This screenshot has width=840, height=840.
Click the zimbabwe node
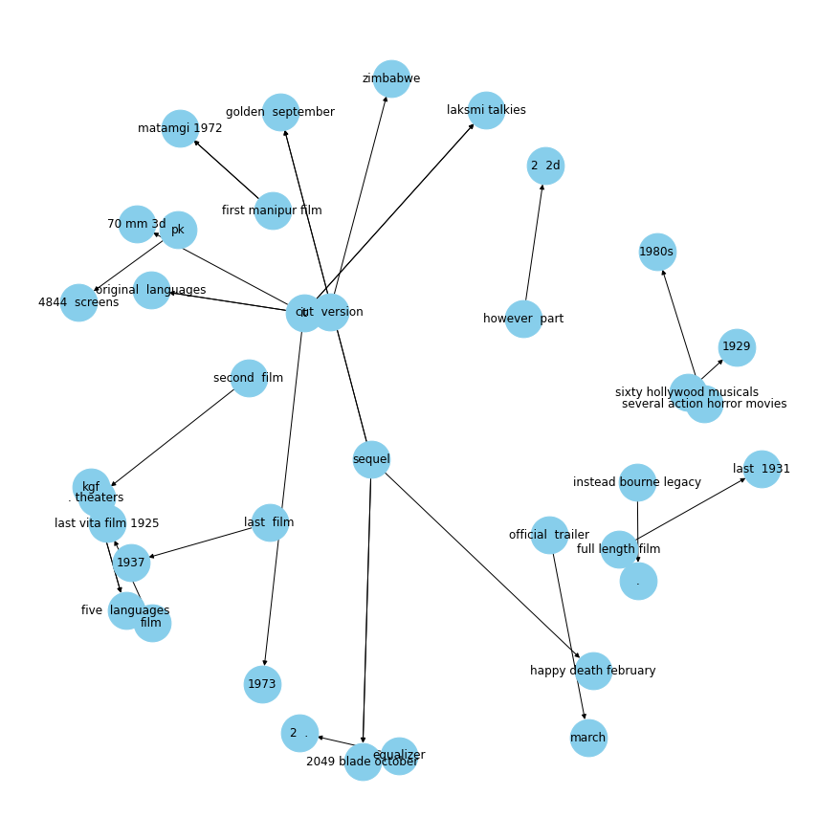click(391, 78)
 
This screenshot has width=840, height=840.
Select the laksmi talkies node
click(486, 110)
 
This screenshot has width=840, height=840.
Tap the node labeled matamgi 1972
click(180, 128)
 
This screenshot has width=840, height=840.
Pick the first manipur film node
click(273, 210)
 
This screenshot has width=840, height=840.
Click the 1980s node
click(657, 252)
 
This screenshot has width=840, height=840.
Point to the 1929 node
click(737, 347)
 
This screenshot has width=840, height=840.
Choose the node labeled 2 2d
click(545, 166)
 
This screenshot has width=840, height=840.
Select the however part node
click(523, 319)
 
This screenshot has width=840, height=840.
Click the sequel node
click(371, 459)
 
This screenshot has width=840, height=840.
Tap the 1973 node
click(262, 684)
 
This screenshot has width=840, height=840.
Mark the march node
click(588, 738)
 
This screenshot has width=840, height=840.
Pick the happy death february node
click(593, 671)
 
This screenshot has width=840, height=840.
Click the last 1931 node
click(762, 469)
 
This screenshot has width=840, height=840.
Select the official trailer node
click(549, 535)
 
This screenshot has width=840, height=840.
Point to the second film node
click(249, 378)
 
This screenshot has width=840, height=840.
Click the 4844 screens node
click(78, 302)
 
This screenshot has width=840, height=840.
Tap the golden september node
click(280, 112)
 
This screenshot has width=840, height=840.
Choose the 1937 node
click(131, 563)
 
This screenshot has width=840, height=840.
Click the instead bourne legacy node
click(637, 482)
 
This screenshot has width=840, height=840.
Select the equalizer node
click(399, 756)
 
